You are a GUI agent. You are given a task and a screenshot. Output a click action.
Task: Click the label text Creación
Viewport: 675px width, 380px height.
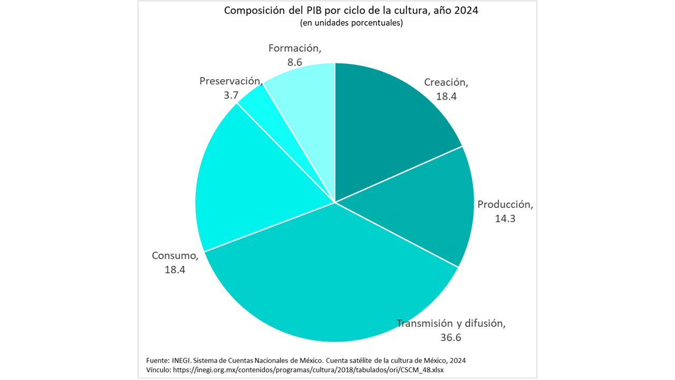(x=446, y=82)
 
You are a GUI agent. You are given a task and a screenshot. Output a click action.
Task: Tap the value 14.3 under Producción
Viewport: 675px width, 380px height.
(x=505, y=218)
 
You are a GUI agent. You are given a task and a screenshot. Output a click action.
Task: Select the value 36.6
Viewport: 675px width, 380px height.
(x=451, y=337)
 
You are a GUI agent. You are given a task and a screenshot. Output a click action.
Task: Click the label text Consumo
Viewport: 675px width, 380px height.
(x=175, y=256)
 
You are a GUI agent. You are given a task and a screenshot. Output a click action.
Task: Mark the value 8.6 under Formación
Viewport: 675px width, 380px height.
(x=294, y=62)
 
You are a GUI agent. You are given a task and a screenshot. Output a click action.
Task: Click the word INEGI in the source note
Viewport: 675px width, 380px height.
(x=181, y=360)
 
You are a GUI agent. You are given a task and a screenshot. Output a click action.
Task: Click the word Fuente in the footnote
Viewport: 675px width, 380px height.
(x=157, y=360)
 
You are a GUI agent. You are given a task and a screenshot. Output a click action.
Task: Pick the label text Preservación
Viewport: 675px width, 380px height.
(x=230, y=81)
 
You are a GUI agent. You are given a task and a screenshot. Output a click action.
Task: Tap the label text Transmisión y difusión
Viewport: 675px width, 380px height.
(x=451, y=323)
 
